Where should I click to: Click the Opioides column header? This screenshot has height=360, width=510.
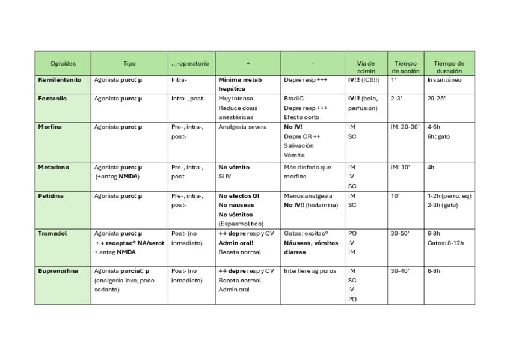pos(63,63)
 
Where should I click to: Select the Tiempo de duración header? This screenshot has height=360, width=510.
pos(449,67)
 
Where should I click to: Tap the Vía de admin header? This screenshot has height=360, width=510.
pos(366,67)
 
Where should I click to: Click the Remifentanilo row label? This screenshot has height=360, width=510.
pos(60,79)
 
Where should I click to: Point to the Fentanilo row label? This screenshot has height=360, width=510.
pos(52,98)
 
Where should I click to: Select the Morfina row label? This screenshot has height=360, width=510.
pos(50,127)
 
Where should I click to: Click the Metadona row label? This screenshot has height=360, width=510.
pos(52,167)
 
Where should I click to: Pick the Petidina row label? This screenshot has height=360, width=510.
pos(51,196)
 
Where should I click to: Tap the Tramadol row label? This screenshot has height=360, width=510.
pos(52,233)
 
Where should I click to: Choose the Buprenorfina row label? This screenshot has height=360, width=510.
pos(58,271)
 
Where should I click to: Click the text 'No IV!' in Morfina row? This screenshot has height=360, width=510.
pos(295,127)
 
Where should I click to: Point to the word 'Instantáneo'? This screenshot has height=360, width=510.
pos(444,79)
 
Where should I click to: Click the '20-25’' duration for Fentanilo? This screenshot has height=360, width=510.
pos(436,98)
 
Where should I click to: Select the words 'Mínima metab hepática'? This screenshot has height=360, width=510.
pos(240,84)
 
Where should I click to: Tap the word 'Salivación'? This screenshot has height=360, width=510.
pos(299,145)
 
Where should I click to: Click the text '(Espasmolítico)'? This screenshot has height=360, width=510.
pos(241,224)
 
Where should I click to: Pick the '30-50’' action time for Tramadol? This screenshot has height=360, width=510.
pos(400,233)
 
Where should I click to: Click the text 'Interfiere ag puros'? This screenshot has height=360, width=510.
pos(310,271)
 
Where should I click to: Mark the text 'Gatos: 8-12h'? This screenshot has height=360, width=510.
pos(446,243)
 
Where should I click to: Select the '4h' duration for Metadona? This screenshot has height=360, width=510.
pos(431,167)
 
